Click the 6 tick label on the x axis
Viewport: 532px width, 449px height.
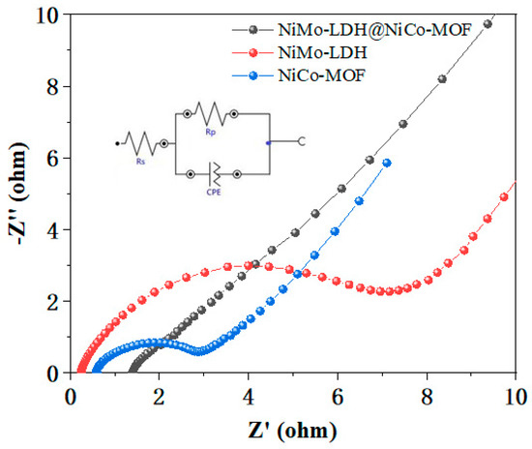(338, 396)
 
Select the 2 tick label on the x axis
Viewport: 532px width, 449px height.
(159, 396)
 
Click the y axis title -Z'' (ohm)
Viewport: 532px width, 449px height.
(18, 194)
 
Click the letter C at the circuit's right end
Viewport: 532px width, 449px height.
(302, 143)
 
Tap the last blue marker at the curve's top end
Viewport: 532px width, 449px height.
(387, 164)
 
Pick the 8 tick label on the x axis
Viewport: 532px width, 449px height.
(427, 396)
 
